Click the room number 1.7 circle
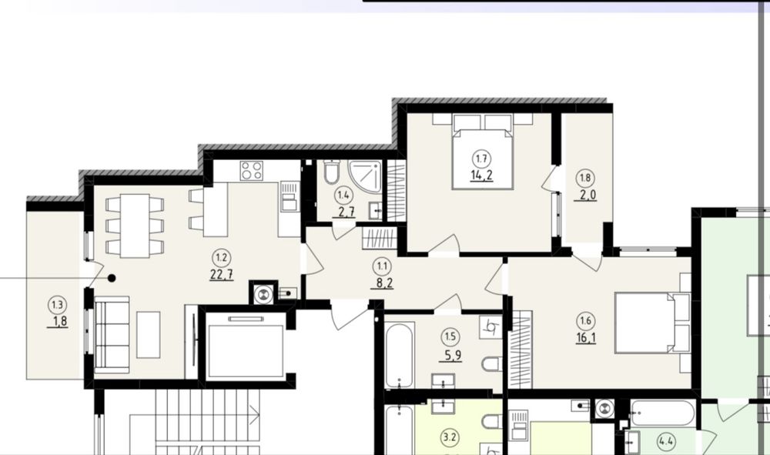[481, 159]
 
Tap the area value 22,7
[222, 274]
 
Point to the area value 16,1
[585, 338]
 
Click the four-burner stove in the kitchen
[252, 170]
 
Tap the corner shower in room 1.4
[366, 177]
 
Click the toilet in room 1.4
[332, 171]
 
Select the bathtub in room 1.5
[399, 355]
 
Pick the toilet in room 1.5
[493, 364]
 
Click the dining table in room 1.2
[135, 226]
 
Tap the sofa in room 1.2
[112, 335]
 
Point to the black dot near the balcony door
[112, 278]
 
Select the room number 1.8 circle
[585, 178]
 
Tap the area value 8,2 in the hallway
[382, 283]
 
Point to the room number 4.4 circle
[666, 441]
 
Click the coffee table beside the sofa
[149, 335]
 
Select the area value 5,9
[450, 355]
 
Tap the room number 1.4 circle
[343, 196]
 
